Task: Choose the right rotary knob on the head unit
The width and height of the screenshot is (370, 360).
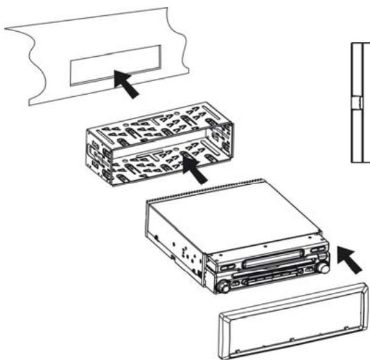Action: pyautogui.click(x=322, y=267)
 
